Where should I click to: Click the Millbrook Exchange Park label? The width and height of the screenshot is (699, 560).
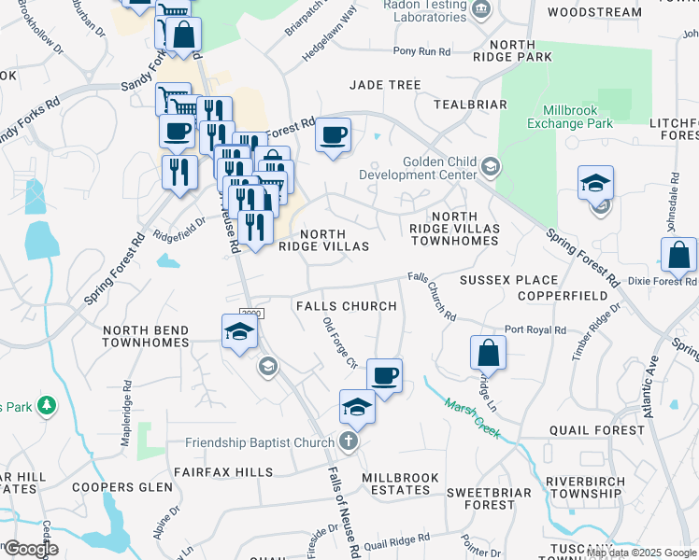click(x=569, y=116)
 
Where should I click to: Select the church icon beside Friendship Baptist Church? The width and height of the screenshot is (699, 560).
click(x=349, y=441)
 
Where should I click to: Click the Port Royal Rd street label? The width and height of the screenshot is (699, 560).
click(x=535, y=329)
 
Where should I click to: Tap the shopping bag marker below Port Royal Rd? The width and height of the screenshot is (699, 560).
click(x=488, y=354)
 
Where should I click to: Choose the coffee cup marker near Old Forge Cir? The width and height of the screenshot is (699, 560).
click(x=384, y=376)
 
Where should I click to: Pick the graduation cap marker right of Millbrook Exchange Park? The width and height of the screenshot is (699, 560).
click(x=595, y=183)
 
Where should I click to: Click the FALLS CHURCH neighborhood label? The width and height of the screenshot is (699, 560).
click(x=346, y=306)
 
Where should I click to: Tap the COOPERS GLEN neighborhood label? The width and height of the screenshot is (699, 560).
click(x=123, y=487)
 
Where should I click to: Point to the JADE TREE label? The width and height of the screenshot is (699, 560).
click(x=385, y=85)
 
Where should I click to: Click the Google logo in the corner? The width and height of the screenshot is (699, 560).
click(x=30, y=549)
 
